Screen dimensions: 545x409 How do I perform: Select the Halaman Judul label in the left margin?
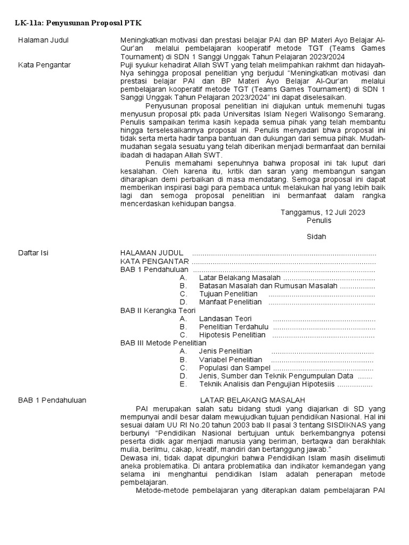[43, 40]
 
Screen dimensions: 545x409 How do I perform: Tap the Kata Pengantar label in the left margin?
[44, 65]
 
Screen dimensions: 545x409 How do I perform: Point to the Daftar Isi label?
[33, 253]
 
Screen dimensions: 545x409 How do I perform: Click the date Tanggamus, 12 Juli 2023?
[323, 212]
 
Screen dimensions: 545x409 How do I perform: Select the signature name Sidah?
[316, 236]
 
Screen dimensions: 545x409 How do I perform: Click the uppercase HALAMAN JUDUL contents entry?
[152, 253]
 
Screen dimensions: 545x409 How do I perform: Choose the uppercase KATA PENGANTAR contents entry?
[154, 261]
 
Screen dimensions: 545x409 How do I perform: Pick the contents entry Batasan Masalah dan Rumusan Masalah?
[268, 286]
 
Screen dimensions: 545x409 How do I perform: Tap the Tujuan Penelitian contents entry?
[228, 294]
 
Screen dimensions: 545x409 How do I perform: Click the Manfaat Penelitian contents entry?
[230, 302]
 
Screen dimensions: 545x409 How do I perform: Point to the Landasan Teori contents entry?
[225, 319]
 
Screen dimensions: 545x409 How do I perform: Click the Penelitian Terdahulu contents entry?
[234, 327]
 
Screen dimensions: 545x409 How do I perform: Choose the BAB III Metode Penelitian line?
[163, 343]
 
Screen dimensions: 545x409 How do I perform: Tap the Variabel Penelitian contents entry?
[230, 360]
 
